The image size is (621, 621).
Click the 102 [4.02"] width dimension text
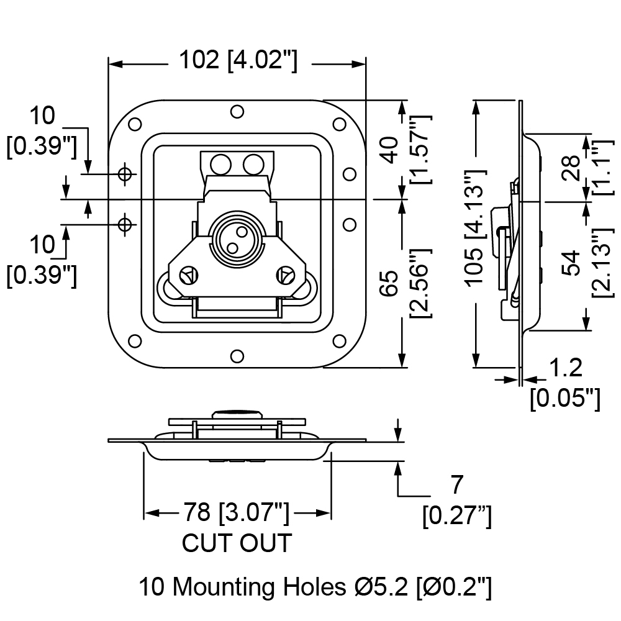[x=238, y=60]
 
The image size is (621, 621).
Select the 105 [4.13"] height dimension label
[x=474, y=228]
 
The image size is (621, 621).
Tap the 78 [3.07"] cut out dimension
[x=235, y=512]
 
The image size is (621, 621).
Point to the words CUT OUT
[x=237, y=543]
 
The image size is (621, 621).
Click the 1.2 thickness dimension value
[x=566, y=368]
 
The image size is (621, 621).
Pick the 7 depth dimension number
[x=456, y=484]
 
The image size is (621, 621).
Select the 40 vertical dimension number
[x=391, y=150]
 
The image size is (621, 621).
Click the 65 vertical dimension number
[x=391, y=283]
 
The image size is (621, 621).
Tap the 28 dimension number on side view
[x=571, y=168]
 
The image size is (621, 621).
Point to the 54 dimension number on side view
[x=571, y=263]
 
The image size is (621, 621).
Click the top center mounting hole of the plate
[x=237, y=112]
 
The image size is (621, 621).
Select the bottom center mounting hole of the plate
[x=237, y=356]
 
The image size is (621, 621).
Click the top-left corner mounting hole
[x=135, y=124]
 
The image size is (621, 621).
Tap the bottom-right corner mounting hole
[x=340, y=341]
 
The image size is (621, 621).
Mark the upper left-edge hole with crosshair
[x=125, y=173]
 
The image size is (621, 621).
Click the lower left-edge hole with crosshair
[x=125, y=225]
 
